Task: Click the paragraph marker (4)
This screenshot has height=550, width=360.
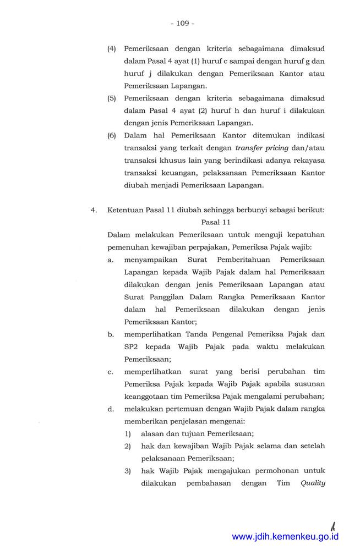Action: [112, 48]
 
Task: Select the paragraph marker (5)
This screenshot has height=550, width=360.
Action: [112, 98]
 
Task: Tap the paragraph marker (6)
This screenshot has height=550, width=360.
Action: [112, 135]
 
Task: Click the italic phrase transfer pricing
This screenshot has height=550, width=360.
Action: [258, 148]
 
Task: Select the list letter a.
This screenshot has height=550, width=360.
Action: [111, 259]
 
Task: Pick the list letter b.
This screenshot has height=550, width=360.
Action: [111, 334]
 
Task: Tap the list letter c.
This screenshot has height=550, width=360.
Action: [111, 372]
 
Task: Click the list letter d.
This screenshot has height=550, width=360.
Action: [111, 409]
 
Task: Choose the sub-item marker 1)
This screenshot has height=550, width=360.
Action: [127, 433]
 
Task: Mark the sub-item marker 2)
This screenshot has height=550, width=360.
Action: [127, 446]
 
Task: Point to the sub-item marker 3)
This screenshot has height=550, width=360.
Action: [127, 471]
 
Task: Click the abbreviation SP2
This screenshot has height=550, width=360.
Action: [132, 346]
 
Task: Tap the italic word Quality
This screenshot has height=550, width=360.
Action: [313, 483]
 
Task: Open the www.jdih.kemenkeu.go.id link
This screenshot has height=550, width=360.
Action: [285, 537]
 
